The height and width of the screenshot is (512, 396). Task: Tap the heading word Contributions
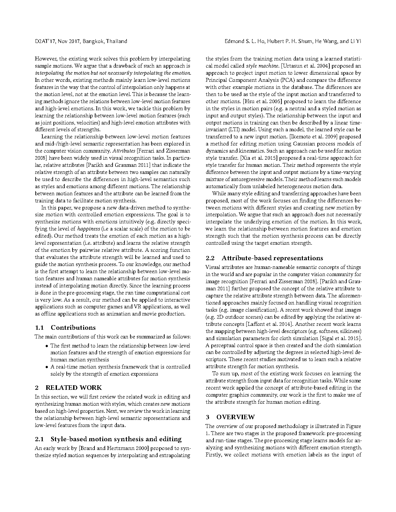(x=73, y=327)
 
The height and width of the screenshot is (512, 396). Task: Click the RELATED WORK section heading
(x=73, y=388)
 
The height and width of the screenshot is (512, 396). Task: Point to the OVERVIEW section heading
(x=236, y=417)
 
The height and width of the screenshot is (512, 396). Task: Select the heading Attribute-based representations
(x=272, y=258)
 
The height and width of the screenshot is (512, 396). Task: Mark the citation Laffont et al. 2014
(x=269, y=324)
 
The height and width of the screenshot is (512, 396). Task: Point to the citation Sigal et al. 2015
(x=340, y=338)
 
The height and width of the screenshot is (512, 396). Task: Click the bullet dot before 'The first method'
(x=47, y=346)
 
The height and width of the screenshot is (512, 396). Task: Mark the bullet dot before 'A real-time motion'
(x=47, y=367)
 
